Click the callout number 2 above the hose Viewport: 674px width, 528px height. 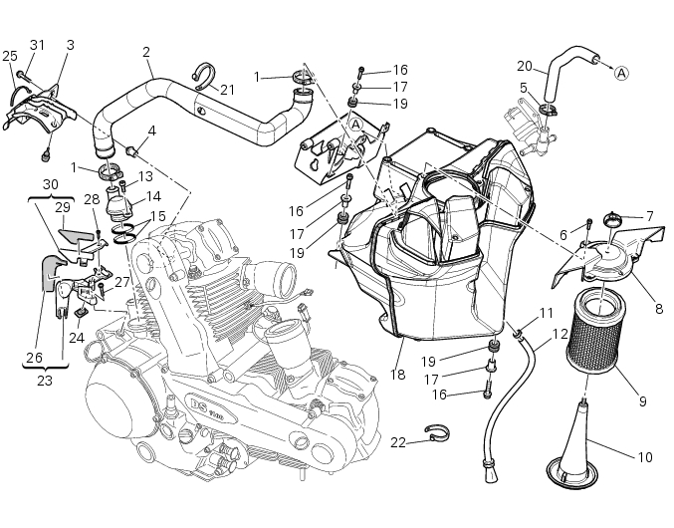(146, 51)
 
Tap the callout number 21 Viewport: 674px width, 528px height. (228, 90)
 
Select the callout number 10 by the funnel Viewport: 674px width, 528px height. (644, 457)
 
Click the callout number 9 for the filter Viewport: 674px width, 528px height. (642, 401)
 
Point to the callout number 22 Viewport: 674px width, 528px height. (396, 441)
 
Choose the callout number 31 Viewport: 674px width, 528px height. (38, 45)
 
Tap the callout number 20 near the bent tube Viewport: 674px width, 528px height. (525, 66)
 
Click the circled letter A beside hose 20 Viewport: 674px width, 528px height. (621, 73)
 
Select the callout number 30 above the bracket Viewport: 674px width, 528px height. (50, 183)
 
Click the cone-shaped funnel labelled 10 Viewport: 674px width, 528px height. (582, 438)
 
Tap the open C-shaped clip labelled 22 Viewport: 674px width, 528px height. (435, 434)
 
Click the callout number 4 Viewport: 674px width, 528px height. (152, 131)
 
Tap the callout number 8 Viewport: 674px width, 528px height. (658, 309)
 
